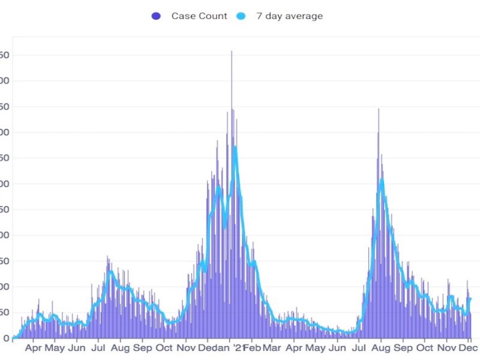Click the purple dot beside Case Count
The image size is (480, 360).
[157, 16]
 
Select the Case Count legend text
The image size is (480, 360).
[199, 16]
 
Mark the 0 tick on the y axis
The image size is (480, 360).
[5, 338]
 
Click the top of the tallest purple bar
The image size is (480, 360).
[232, 52]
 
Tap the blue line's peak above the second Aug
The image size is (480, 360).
[381, 179]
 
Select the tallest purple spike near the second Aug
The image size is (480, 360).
[379, 109]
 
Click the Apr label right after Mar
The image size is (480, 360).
[295, 347]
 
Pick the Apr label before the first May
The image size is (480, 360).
[34, 347]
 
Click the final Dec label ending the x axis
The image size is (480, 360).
[469, 347]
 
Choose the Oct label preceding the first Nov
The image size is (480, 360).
[164, 347]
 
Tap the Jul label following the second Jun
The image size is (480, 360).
[359, 347]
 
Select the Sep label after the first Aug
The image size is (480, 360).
[142, 347]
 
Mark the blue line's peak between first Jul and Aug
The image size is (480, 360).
[110, 272]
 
